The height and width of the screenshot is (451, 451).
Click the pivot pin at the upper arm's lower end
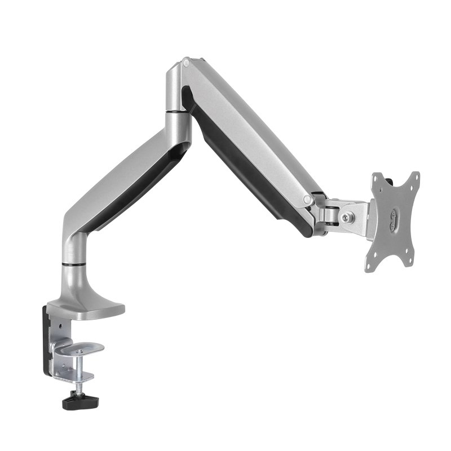(x=307, y=199)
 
